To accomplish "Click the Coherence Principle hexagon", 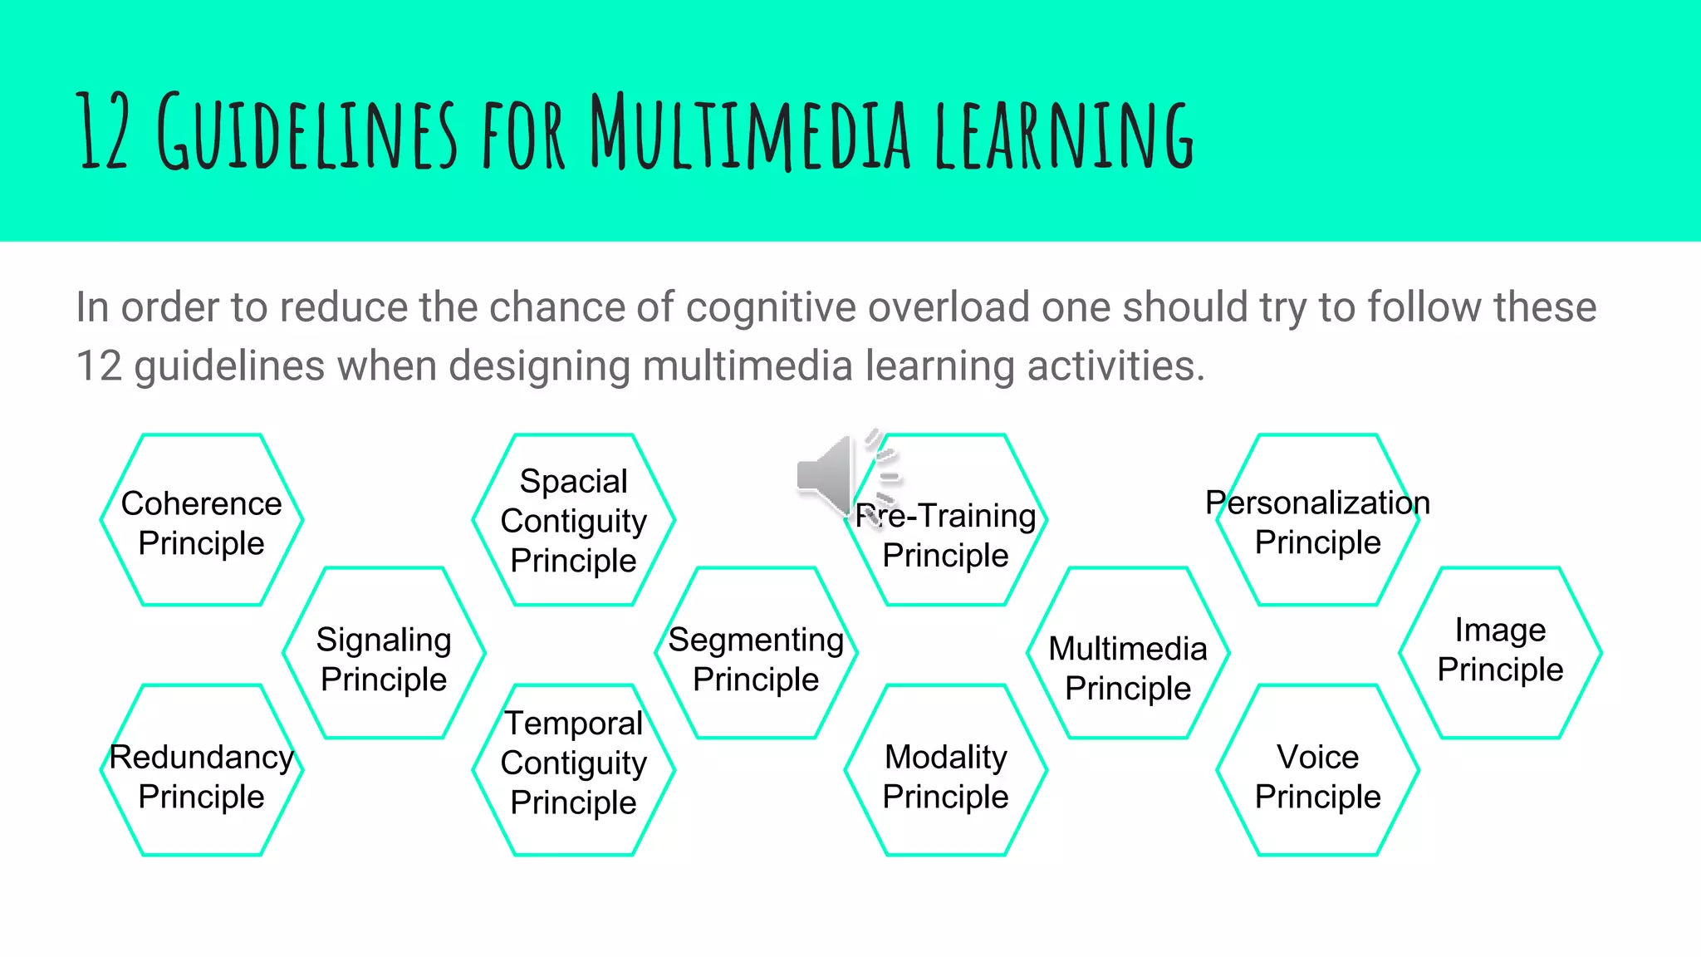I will (202, 521).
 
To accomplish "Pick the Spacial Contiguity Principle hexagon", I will (574, 521).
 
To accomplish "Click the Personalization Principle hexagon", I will (1318, 521).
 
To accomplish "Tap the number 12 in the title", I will (103, 131).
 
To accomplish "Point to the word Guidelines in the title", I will (307, 133).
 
